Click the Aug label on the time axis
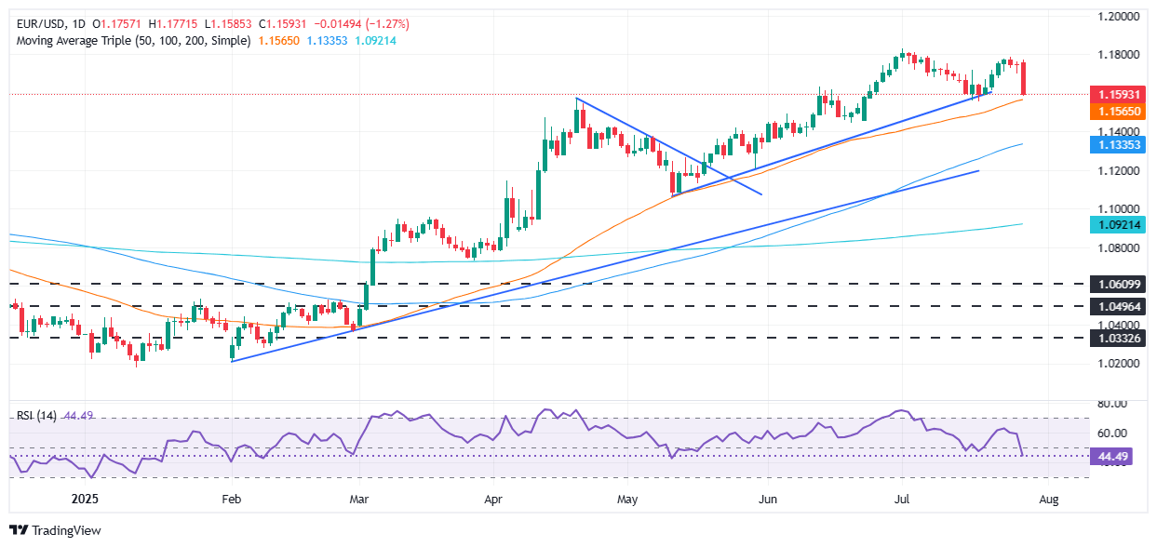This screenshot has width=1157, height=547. pos(1049,500)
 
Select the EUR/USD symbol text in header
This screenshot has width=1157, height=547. pos(42,23)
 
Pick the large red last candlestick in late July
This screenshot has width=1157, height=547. pos(1024,78)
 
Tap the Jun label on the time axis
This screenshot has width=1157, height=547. pos(768,500)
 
